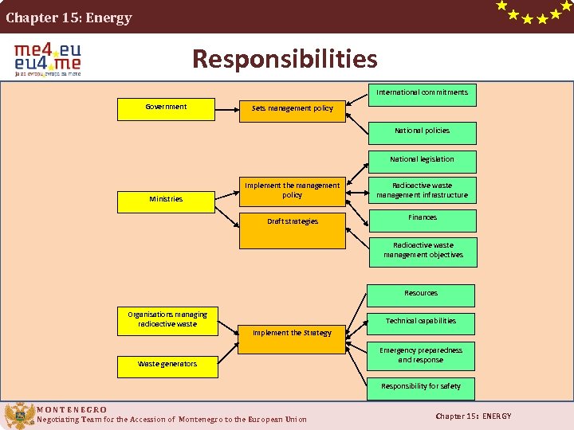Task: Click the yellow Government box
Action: click(166, 109)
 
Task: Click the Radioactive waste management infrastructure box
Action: click(422, 191)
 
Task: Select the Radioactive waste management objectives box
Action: click(422, 252)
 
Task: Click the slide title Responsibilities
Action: click(285, 59)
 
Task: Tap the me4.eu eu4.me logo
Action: click(48, 59)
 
